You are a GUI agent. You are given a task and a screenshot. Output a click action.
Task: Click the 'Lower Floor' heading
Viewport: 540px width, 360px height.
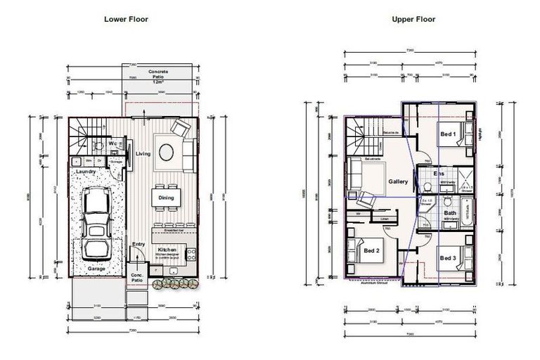coord(127,19)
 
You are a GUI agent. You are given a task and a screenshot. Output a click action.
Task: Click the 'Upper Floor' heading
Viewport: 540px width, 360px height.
coord(413,19)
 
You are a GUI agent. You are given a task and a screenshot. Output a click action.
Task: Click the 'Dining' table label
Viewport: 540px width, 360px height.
coord(167,198)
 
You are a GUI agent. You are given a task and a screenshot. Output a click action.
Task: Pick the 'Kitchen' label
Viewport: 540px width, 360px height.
coord(167,250)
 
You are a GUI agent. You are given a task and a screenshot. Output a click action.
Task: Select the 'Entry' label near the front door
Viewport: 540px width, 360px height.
coord(139,244)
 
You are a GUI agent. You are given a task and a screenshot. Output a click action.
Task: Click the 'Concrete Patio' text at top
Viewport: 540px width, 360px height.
coord(158,75)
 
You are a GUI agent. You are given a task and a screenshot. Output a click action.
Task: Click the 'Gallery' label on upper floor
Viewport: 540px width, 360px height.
coord(398,181)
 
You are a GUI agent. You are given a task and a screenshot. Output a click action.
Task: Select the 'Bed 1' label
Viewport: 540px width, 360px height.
coord(447,134)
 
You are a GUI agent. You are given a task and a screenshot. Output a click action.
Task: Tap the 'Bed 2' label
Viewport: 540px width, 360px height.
coord(372,250)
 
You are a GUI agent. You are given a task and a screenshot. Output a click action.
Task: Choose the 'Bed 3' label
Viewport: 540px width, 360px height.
coord(448,259)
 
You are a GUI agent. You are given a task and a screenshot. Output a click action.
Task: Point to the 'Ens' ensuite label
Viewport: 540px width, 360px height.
coord(439,174)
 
